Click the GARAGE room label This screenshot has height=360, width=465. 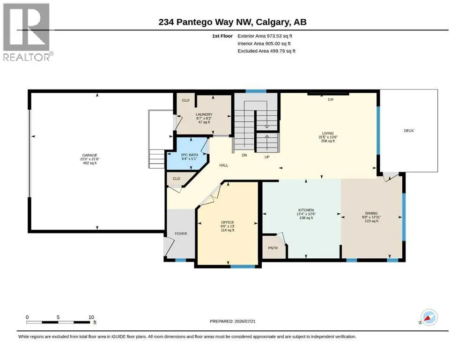[89, 155]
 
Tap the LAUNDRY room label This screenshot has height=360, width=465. [204, 114]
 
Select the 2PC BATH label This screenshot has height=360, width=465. [189, 155]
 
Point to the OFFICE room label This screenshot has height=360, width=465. [228, 222]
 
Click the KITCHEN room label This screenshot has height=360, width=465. [306, 210]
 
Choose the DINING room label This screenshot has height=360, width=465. [371, 213]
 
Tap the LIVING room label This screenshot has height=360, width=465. [328, 133]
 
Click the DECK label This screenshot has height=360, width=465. [409, 131]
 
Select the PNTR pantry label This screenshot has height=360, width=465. [273, 248]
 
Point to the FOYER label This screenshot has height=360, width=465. [181, 233]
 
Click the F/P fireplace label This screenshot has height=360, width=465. [331, 100]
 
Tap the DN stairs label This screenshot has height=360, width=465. [244, 155]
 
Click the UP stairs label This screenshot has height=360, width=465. [267, 157]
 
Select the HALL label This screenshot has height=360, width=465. [224, 165]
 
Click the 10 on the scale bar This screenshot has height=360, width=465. [91, 317]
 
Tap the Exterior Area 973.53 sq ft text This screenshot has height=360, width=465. [265, 36]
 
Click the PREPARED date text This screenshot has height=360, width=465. [232, 321]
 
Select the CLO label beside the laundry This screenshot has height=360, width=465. [185, 100]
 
